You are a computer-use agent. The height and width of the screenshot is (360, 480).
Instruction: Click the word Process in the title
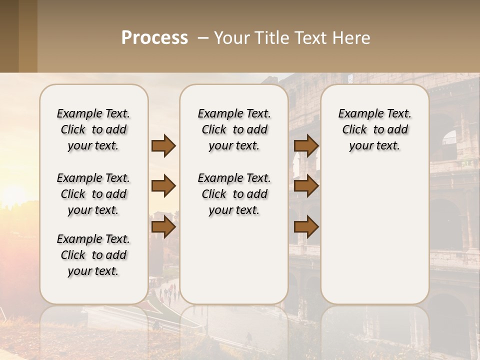click(x=154, y=38)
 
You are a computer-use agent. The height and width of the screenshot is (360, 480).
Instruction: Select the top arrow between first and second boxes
click(x=163, y=146)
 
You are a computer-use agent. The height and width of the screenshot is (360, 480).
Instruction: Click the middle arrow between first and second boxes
click(x=163, y=186)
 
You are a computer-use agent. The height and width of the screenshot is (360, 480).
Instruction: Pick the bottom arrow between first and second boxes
click(x=163, y=227)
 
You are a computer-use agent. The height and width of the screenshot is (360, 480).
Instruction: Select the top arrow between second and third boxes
click(x=306, y=146)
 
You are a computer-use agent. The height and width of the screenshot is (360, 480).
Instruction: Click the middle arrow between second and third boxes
click(x=306, y=186)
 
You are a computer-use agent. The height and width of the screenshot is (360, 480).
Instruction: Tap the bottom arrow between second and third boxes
click(x=306, y=227)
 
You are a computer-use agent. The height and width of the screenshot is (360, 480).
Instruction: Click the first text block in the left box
click(x=93, y=129)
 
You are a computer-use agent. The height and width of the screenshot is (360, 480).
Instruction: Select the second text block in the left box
click(x=93, y=194)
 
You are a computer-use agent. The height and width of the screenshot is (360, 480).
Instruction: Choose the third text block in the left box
click(x=93, y=255)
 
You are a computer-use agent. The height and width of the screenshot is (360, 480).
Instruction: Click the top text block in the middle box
click(x=234, y=129)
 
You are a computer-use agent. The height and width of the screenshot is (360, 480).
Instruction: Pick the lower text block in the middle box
click(x=234, y=194)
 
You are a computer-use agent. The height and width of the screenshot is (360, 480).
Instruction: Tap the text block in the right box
click(x=374, y=129)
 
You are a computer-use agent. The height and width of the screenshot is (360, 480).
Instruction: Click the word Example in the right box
click(x=356, y=114)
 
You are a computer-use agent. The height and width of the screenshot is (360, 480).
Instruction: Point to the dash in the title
click(x=202, y=38)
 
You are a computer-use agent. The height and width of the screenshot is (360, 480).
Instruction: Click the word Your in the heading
click(x=232, y=38)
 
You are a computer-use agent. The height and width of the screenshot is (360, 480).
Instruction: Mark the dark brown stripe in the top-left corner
click(x=9, y=36)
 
